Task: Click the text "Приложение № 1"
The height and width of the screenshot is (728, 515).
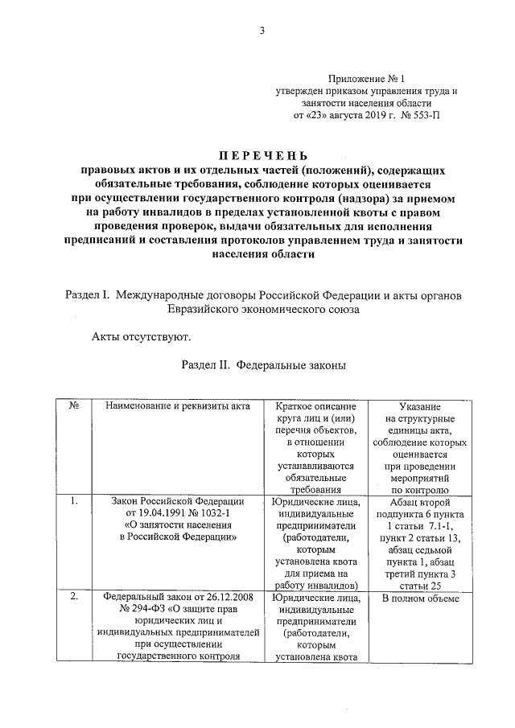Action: click(366, 79)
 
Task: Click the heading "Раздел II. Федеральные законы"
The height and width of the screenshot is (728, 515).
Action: click(263, 364)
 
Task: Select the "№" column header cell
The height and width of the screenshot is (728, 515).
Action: click(73, 405)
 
